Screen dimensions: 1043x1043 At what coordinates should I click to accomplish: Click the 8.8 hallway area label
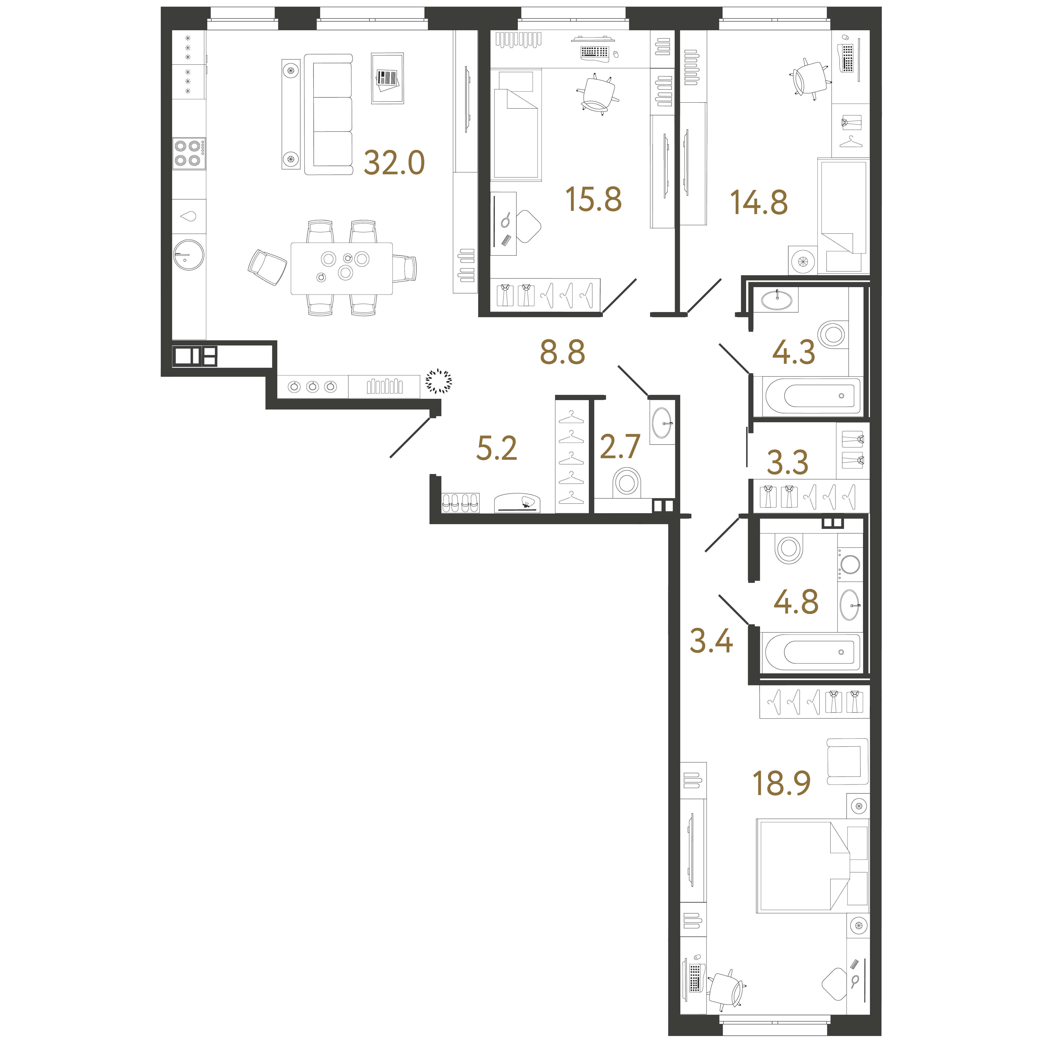pyautogui.click(x=563, y=353)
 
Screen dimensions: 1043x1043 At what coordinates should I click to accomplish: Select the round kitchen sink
pyautogui.click(x=188, y=254)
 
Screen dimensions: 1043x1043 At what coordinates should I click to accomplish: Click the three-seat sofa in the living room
pyautogui.click(x=328, y=114)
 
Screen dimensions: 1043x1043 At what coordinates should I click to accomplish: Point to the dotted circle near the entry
pyautogui.click(x=438, y=381)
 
